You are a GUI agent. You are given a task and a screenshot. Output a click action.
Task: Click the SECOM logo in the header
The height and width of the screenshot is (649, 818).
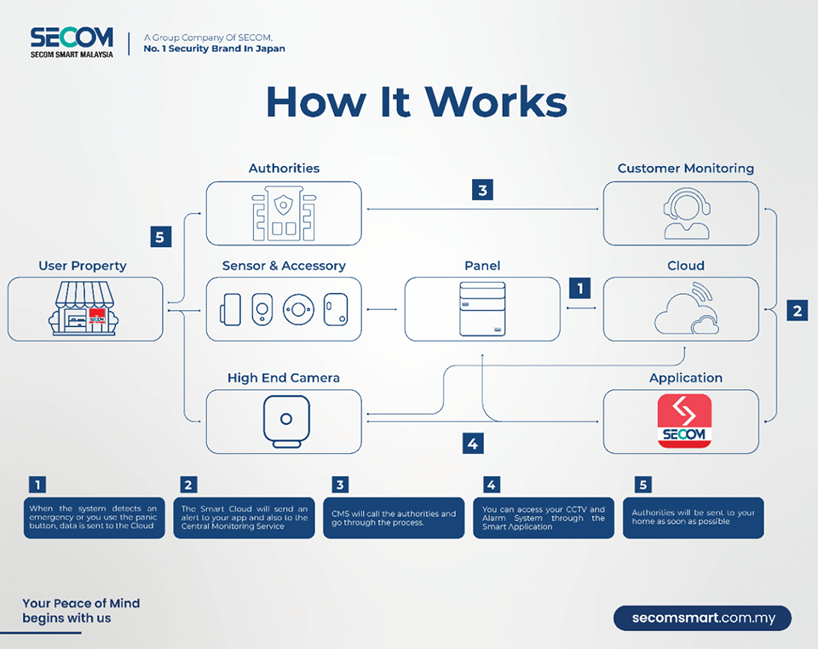tap(72, 43)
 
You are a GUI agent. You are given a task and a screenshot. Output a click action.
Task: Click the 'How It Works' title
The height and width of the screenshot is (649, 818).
tap(417, 101)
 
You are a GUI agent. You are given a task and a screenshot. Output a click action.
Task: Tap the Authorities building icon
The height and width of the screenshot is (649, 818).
tap(284, 214)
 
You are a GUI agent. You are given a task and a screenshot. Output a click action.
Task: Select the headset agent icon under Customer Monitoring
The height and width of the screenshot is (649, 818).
tap(686, 213)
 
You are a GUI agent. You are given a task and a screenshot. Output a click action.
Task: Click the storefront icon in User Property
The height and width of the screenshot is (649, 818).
tap(84, 308)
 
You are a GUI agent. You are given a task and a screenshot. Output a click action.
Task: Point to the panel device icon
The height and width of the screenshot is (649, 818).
tap(482, 308)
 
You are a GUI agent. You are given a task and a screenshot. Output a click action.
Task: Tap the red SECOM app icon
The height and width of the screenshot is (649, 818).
tap(684, 421)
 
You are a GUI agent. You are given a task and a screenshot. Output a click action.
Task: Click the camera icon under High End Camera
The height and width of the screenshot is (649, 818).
tap(286, 422)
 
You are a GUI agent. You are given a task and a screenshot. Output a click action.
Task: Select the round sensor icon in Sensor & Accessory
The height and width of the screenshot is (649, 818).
tap(298, 309)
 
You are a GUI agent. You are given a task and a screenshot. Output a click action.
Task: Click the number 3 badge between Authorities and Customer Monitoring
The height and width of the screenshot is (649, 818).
tap(482, 190)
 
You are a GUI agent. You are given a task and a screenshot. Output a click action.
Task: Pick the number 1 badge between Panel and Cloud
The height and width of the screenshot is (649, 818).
tap(580, 288)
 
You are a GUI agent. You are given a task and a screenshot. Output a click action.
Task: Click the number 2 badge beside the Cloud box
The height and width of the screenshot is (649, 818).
tap(798, 311)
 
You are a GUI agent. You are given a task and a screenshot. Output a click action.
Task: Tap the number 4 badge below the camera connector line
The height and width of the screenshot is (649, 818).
tap(473, 444)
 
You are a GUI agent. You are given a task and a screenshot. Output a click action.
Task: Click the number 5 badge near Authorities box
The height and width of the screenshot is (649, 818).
tap(161, 237)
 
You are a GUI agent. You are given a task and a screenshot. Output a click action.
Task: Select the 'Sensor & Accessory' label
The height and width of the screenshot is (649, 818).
tap(284, 266)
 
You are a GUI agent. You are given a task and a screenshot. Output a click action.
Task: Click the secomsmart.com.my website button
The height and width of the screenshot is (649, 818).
tap(703, 618)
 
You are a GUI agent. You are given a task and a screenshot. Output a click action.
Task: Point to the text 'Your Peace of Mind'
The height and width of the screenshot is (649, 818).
tap(82, 603)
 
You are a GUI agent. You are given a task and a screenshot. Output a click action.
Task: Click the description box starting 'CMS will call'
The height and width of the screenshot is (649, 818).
tap(394, 518)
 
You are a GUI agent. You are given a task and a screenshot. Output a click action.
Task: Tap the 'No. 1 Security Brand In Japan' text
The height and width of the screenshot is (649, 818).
tap(215, 49)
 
